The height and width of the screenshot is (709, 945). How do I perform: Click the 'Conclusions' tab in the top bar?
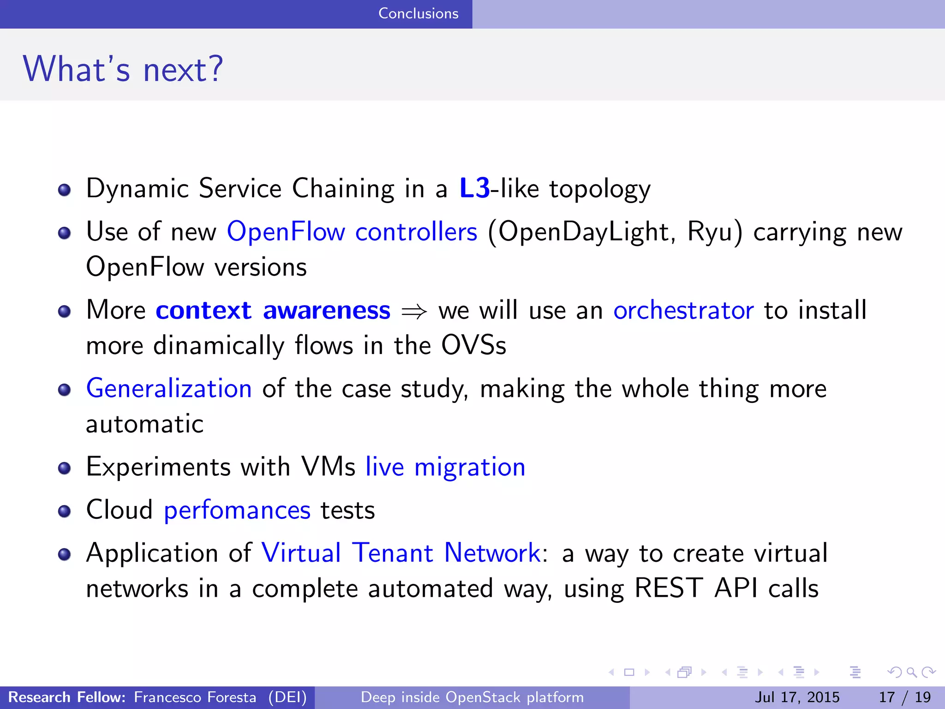pyautogui.click(x=418, y=13)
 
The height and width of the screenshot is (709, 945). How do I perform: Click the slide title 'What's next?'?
pyautogui.click(x=123, y=69)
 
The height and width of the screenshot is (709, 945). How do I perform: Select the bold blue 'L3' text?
pyautogui.click(x=474, y=188)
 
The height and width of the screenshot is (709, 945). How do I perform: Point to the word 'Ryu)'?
pyautogui.click(x=715, y=231)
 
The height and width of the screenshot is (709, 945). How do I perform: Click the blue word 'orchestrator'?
pyautogui.click(x=683, y=310)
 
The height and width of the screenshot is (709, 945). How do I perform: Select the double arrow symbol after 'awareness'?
pyautogui.click(x=414, y=312)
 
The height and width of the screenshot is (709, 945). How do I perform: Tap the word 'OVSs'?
pyautogui.click(x=473, y=345)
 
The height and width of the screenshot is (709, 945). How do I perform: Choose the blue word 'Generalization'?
pyautogui.click(x=169, y=388)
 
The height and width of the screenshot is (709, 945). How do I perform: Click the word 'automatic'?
pyautogui.click(x=144, y=424)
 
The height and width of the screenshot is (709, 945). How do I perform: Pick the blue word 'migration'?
pyautogui.click(x=470, y=467)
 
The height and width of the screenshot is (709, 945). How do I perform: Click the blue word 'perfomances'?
pyautogui.click(x=237, y=510)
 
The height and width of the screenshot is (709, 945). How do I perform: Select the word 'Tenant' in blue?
pyautogui.click(x=393, y=553)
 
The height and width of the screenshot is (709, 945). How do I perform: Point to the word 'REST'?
pyautogui.click(x=669, y=589)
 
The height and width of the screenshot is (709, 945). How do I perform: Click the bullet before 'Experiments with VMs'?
pyautogui.click(x=65, y=469)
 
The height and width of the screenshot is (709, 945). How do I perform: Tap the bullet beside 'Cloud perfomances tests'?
pyautogui.click(x=65, y=511)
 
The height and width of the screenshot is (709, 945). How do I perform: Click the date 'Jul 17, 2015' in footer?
pyautogui.click(x=797, y=697)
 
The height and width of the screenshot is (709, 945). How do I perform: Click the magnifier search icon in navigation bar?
pyautogui.click(x=911, y=672)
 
